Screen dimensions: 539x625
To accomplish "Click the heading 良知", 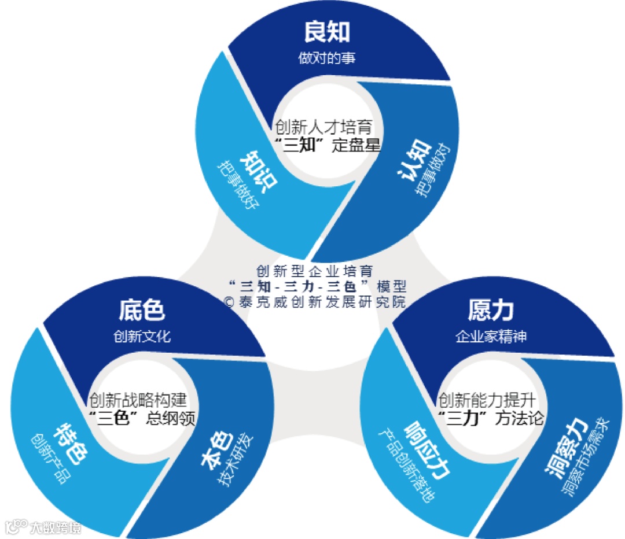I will (x=327, y=33).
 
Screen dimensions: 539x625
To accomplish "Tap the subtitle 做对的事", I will (x=327, y=58).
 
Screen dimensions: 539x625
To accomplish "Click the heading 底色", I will (x=142, y=311).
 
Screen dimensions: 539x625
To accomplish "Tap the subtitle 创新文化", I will (x=142, y=337).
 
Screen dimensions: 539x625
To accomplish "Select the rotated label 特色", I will (x=70, y=444).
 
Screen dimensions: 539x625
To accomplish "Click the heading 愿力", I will (x=491, y=311).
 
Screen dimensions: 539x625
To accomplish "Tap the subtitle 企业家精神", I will (x=491, y=337).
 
